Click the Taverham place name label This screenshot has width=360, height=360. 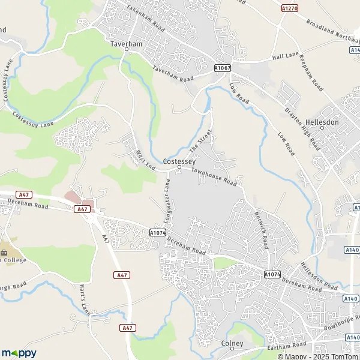125,44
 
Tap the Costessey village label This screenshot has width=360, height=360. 179,161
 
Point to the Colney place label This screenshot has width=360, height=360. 232,344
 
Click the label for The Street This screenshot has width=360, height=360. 200,140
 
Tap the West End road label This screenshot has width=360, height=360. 145,159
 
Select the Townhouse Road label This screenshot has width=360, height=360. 214,177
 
